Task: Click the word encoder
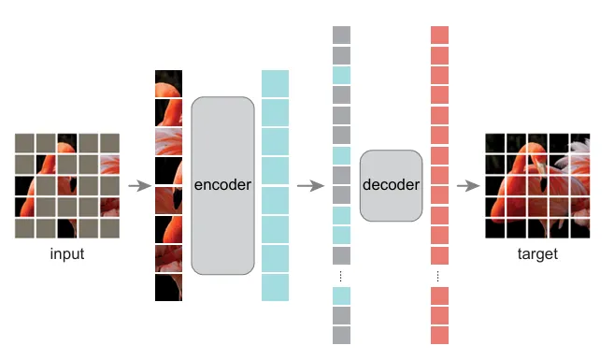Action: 222,185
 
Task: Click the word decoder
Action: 390,185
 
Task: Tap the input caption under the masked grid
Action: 67,253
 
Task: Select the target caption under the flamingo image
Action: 536,253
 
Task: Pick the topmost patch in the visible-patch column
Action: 168,83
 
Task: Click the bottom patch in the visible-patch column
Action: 168,287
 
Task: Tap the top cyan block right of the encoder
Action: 276,83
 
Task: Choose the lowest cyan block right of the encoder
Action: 276,287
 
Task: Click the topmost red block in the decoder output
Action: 439,35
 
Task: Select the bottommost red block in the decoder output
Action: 439,335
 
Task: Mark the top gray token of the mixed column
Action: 341,35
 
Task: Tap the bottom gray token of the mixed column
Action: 341,335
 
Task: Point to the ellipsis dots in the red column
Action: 439,276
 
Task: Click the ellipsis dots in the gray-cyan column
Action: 341,276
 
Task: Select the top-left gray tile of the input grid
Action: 25,142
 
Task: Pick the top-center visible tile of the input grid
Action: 67,142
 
